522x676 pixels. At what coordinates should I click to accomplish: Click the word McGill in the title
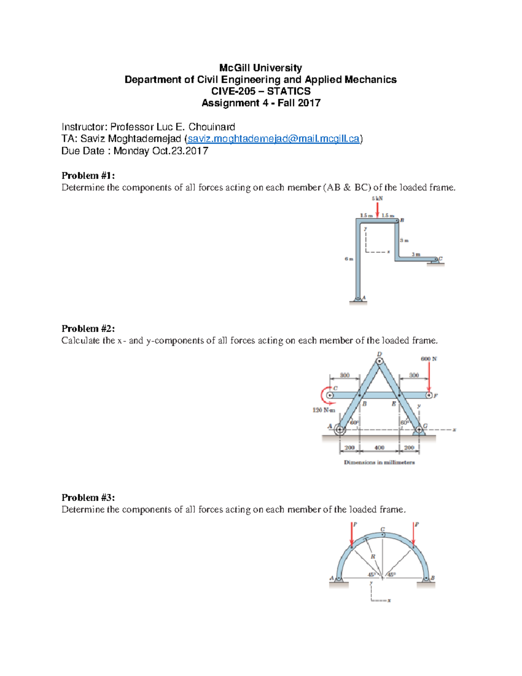[234, 68]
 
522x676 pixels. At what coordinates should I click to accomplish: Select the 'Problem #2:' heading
[88, 329]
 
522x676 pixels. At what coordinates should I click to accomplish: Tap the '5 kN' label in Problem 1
[377, 198]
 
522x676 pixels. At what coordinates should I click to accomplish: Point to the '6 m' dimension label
[348, 259]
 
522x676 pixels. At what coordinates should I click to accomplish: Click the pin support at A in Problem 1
[358, 299]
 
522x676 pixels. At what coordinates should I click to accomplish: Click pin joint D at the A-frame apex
[380, 360]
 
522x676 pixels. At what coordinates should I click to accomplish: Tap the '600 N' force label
[428, 359]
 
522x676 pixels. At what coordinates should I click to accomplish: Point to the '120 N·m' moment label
[324, 410]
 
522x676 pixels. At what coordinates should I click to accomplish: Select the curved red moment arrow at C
[324, 395]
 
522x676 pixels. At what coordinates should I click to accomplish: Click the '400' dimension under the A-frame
[379, 447]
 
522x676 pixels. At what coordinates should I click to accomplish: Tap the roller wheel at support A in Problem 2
[339, 430]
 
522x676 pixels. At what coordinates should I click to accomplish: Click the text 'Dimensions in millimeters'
[379, 462]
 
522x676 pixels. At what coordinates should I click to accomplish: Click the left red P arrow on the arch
[351, 535]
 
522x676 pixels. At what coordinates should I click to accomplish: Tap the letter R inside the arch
[373, 557]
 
